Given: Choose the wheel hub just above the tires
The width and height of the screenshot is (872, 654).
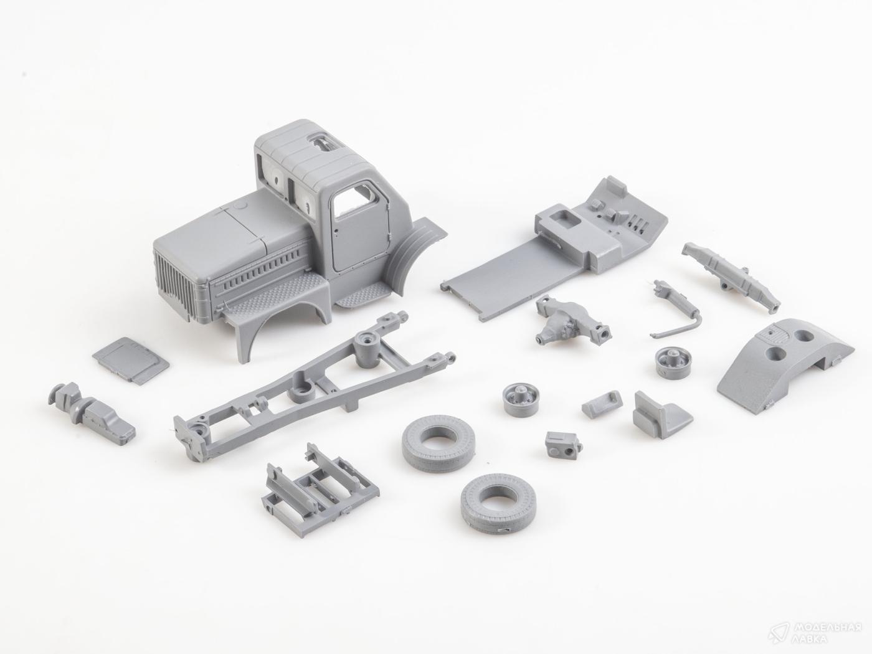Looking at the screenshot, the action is point(521,399).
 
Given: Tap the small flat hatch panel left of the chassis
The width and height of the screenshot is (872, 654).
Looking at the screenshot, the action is point(130,361).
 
